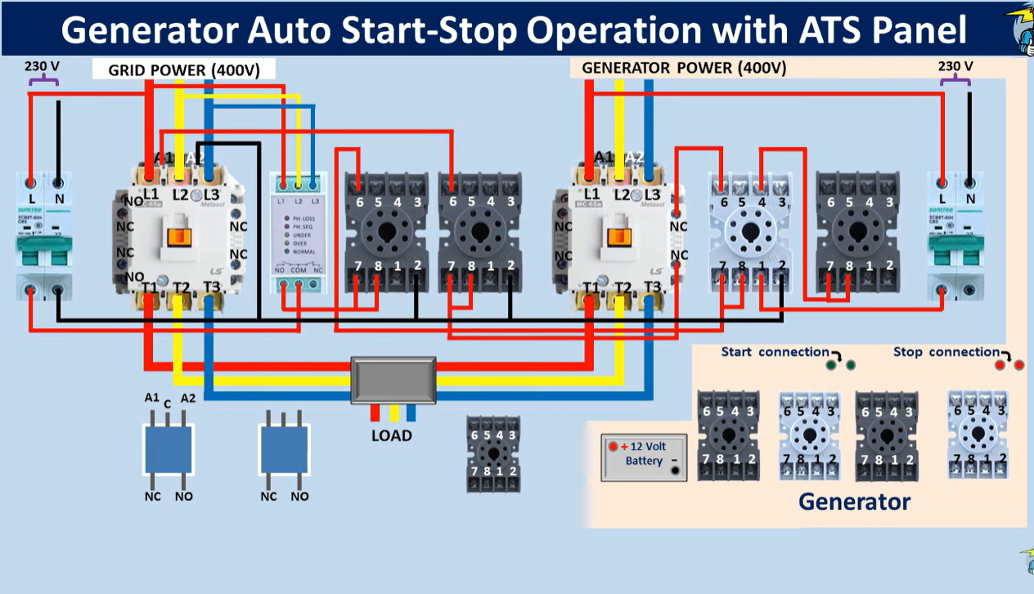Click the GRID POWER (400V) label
(184, 70)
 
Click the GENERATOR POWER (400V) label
(684, 68)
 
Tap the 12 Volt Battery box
(644, 457)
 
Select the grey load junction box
(393, 380)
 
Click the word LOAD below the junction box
(391, 435)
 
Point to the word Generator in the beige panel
(854, 501)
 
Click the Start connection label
(775, 352)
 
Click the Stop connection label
(946, 352)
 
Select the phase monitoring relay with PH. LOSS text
(299, 233)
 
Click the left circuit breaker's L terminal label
(32, 199)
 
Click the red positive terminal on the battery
(613, 447)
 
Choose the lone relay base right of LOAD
(493, 454)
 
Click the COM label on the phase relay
(299, 270)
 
